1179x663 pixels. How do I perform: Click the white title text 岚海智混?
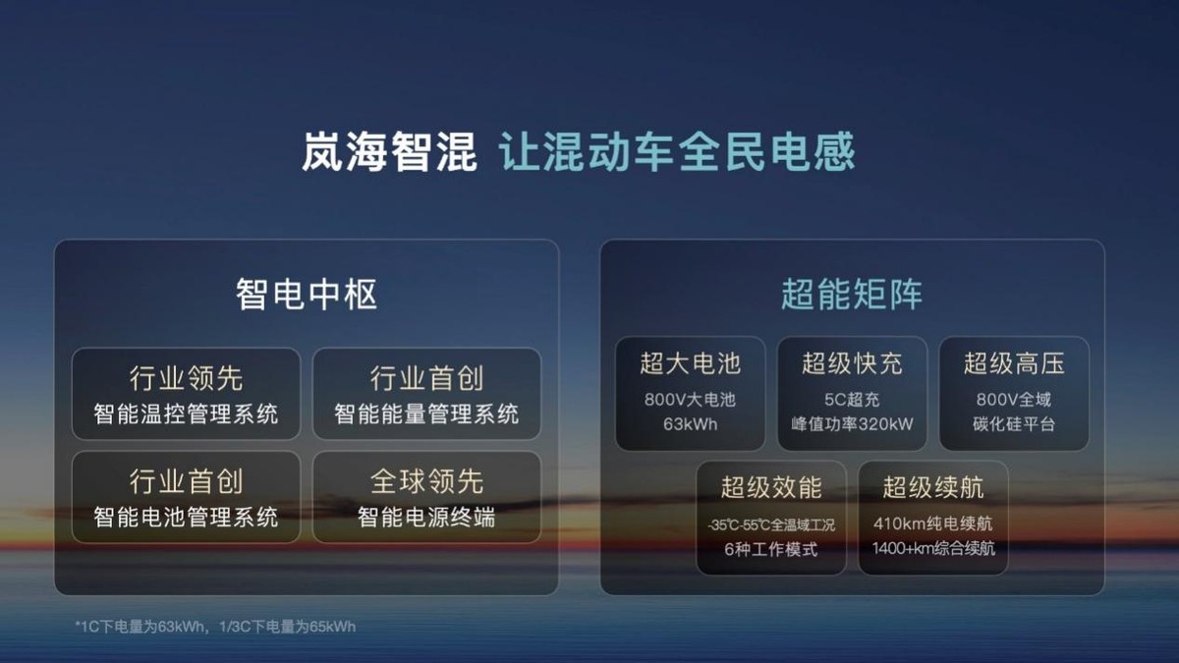(389, 152)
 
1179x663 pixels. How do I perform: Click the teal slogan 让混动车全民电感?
(677, 152)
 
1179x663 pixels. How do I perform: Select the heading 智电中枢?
(307, 294)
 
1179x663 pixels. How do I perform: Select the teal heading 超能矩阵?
(852, 294)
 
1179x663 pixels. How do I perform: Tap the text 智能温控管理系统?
(186, 414)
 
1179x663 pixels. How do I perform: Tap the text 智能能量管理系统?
(426, 414)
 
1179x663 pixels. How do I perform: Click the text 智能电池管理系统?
(186, 517)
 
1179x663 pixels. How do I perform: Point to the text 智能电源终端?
(426, 517)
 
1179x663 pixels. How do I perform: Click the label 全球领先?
(426, 481)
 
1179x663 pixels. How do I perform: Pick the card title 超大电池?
(690, 363)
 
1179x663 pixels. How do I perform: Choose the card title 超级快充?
(852, 363)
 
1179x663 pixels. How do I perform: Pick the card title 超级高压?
(1014, 363)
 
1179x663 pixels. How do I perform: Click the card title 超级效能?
(771, 486)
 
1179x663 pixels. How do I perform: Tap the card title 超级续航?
(932, 486)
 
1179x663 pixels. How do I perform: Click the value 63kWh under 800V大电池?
(690, 424)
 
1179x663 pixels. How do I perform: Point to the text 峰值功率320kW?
(852, 424)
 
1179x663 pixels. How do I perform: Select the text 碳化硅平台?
(1014, 424)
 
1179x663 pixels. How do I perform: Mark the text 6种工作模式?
(771, 549)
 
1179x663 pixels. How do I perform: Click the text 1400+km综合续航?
(932, 548)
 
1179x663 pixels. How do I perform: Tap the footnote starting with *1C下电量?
(215, 626)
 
